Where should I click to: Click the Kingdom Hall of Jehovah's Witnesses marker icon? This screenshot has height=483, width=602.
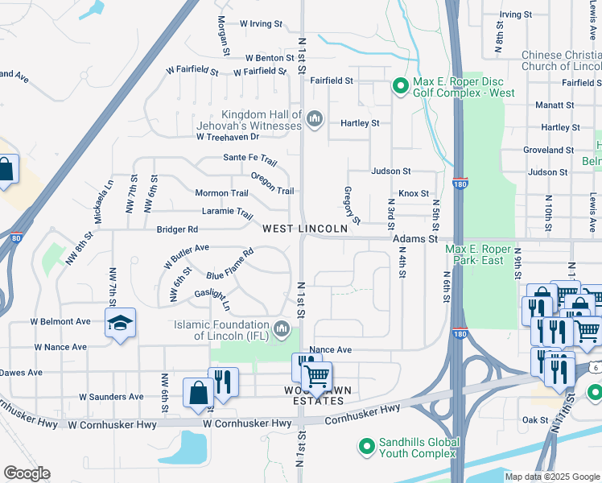[x=314, y=120]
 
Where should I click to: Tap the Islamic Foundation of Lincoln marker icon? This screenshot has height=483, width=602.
[x=282, y=328]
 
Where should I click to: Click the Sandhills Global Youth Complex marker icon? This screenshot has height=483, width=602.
[x=366, y=445]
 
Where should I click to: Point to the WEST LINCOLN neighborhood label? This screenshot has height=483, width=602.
[x=305, y=229]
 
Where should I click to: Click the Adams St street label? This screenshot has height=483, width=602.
[x=414, y=239]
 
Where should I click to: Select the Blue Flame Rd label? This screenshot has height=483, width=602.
[x=229, y=264]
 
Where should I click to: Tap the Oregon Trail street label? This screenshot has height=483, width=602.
[x=272, y=184]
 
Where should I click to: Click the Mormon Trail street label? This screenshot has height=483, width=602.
[x=221, y=193]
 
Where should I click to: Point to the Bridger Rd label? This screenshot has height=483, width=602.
[x=177, y=229]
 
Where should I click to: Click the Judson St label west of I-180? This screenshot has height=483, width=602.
[x=390, y=171]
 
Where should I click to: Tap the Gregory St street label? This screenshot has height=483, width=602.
[x=351, y=204]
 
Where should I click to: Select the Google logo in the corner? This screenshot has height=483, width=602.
[x=27, y=473]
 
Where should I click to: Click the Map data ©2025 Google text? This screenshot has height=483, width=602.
[x=551, y=477]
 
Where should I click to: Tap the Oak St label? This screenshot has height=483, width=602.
[x=534, y=419]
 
